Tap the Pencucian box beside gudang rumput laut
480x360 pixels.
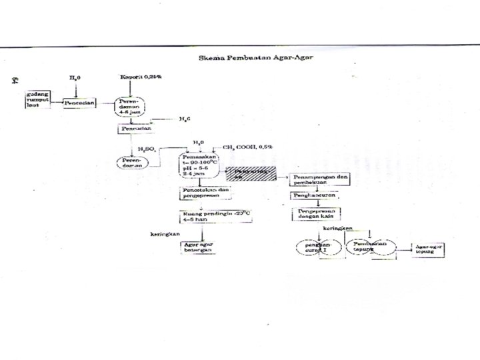(81, 103)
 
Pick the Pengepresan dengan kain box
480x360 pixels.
(316, 214)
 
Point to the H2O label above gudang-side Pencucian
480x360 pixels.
(75, 77)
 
